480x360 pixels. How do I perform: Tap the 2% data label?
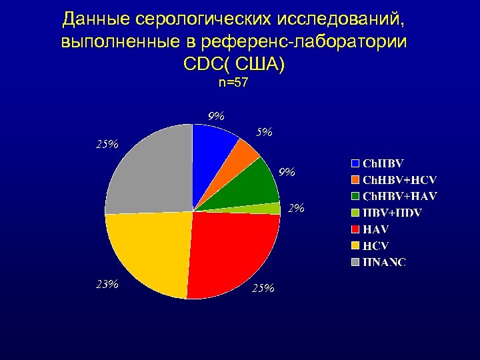tap(296, 209)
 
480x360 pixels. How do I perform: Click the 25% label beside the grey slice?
tap(107, 143)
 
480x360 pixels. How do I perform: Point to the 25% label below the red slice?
tap(263, 288)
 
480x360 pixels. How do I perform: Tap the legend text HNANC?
tap(384, 261)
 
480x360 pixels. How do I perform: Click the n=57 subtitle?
tap(233, 83)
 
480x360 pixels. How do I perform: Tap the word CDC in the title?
tap(199, 65)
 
